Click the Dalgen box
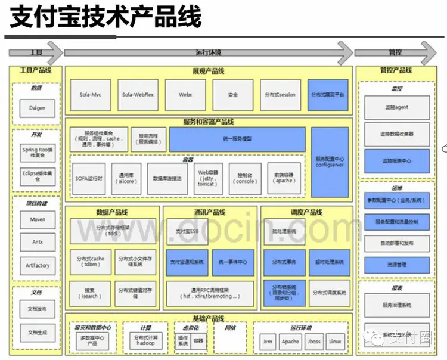click(37, 108)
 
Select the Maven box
click(37, 219)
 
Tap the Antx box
click(37, 242)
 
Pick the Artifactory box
click(37, 265)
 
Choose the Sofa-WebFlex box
click(138, 95)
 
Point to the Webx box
click(185, 95)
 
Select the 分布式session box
click(280, 95)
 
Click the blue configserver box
click(330, 162)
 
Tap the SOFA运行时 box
click(89, 178)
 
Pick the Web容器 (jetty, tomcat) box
click(206, 178)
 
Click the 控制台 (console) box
click(246, 178)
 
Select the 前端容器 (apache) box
click(284, 178)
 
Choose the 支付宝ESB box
click(188, 231)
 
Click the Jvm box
click(268, 342)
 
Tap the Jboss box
click(313, 342)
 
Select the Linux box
click(336, 342)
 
